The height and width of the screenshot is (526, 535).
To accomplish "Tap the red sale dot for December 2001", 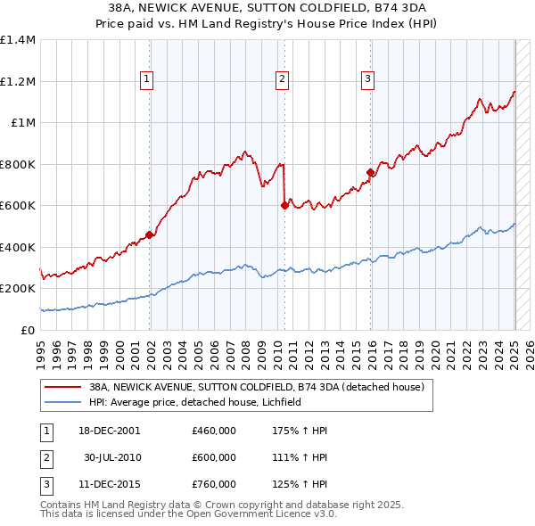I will tap(150, 234).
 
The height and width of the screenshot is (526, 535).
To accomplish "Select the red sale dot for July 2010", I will tap(284, 205).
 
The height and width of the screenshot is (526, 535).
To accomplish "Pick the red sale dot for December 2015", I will tap(370, 172).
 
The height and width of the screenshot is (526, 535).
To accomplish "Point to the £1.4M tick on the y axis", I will tap(18, 40).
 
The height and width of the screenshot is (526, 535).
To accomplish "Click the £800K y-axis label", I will tap(18, 164).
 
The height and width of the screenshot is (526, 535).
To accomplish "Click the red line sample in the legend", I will tap(61, 387).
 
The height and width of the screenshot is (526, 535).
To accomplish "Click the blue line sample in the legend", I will tap(61, 402).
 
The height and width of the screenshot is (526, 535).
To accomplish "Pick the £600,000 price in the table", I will tap(214, 457).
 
